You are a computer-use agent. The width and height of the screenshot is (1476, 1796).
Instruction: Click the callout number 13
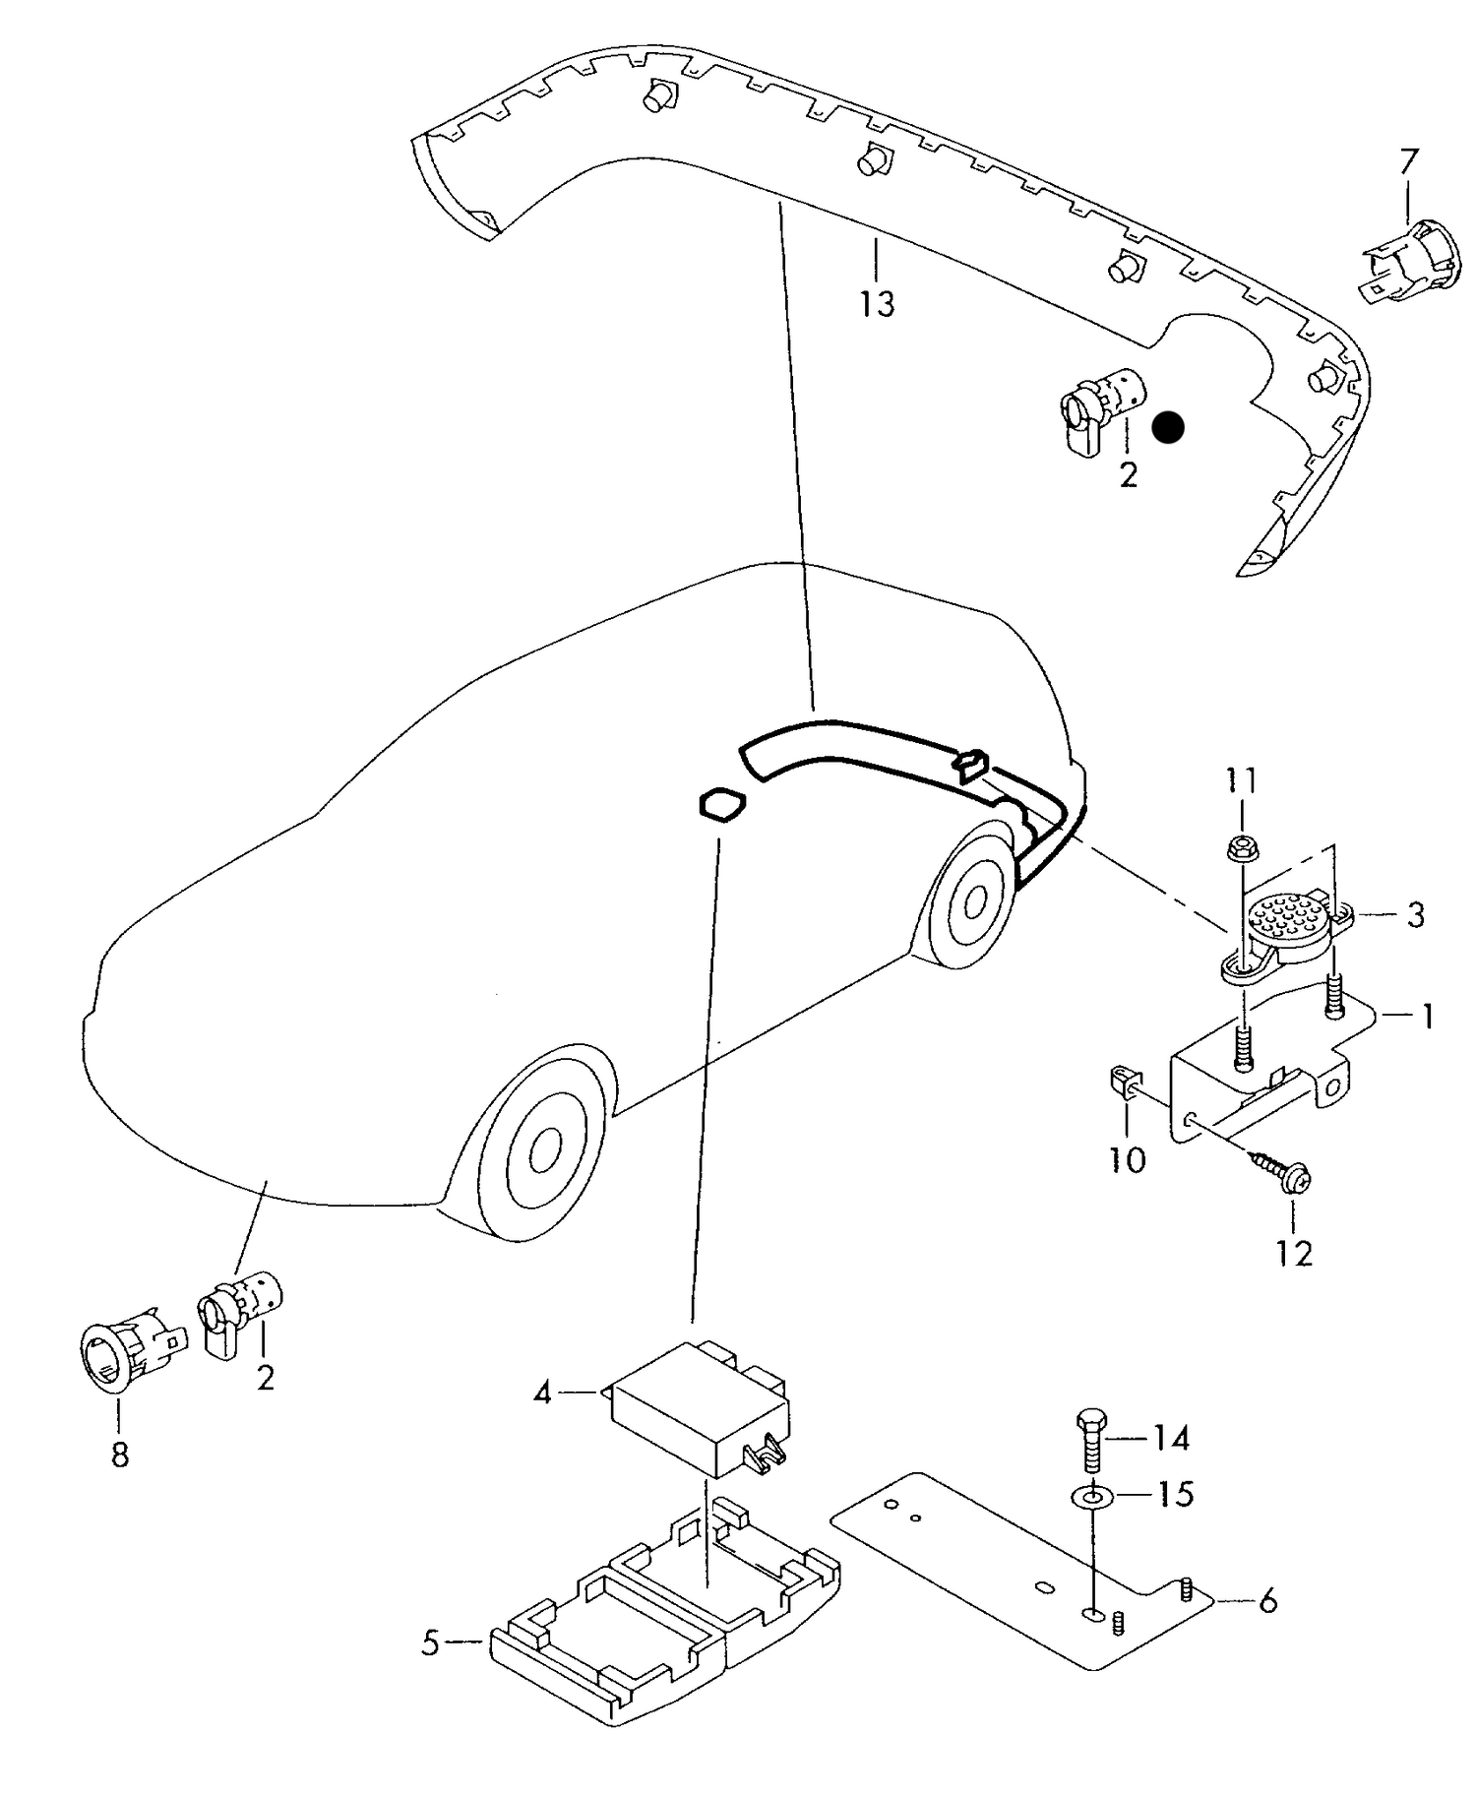point(877,304)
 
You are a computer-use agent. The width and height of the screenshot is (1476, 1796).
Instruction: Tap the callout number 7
point(1409,160)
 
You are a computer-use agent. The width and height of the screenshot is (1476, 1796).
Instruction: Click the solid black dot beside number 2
point(1168,427)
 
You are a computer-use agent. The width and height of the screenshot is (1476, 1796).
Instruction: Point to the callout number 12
point(1294,1254)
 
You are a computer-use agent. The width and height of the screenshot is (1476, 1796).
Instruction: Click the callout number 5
point(430,1642)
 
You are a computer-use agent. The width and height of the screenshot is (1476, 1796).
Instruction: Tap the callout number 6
point(1267,1601)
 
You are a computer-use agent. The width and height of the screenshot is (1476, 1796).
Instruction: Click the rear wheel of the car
point(973,898)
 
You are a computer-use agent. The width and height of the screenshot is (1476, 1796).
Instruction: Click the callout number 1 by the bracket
point(1426,1017)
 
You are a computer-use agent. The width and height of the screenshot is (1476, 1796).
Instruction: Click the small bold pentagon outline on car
point(720,805)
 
